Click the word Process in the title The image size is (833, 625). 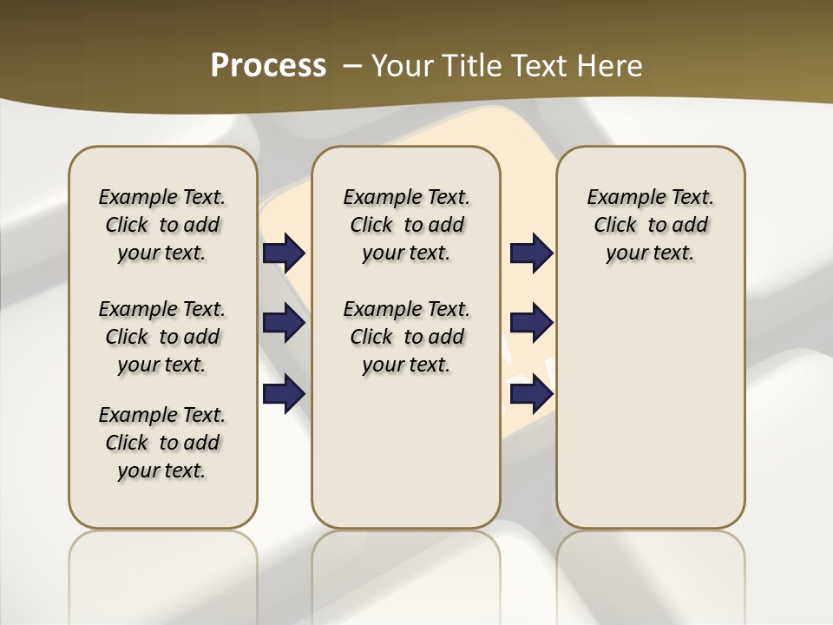[267, 65]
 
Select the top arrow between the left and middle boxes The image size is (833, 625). [284, 253]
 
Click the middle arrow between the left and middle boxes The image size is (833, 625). [284, 324]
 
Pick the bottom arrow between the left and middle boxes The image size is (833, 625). [284, 393]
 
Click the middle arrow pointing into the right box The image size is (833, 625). [531, 324]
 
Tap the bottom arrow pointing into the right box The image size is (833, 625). [531, 393]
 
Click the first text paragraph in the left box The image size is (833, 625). [162, 225]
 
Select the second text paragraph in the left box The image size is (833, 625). [162, 337]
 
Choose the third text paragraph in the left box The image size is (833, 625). [162, 443]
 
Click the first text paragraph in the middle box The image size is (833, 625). [406, 225]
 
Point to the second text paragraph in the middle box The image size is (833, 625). [406, 337]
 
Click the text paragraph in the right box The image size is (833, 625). [650, 225]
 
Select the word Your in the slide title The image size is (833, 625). [402, 66]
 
